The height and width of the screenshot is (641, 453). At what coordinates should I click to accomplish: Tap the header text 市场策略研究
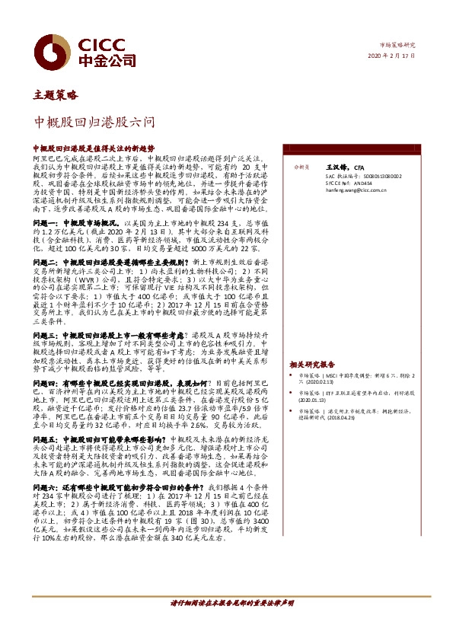tap(399, 46)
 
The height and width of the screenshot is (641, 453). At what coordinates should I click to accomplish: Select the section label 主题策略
tap(56, 96)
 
